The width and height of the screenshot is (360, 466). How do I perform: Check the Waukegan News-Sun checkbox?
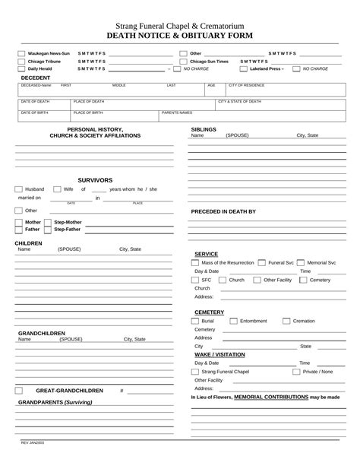(21, 54)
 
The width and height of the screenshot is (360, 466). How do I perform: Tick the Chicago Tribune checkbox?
(21, 61)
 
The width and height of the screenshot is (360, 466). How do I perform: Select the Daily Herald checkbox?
(21, 68)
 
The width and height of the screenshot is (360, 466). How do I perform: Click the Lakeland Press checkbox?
(244, 68)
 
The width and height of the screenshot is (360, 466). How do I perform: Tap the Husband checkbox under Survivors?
(17, 189)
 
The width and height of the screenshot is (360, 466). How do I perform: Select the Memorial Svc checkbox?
(301, 262)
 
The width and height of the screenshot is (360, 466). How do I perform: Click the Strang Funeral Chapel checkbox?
(196, 372)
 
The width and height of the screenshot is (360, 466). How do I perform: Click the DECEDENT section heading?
(36, 78)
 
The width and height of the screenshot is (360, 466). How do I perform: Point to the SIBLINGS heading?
(204, 129)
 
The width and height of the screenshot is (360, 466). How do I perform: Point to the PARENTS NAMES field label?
(178, 113)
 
